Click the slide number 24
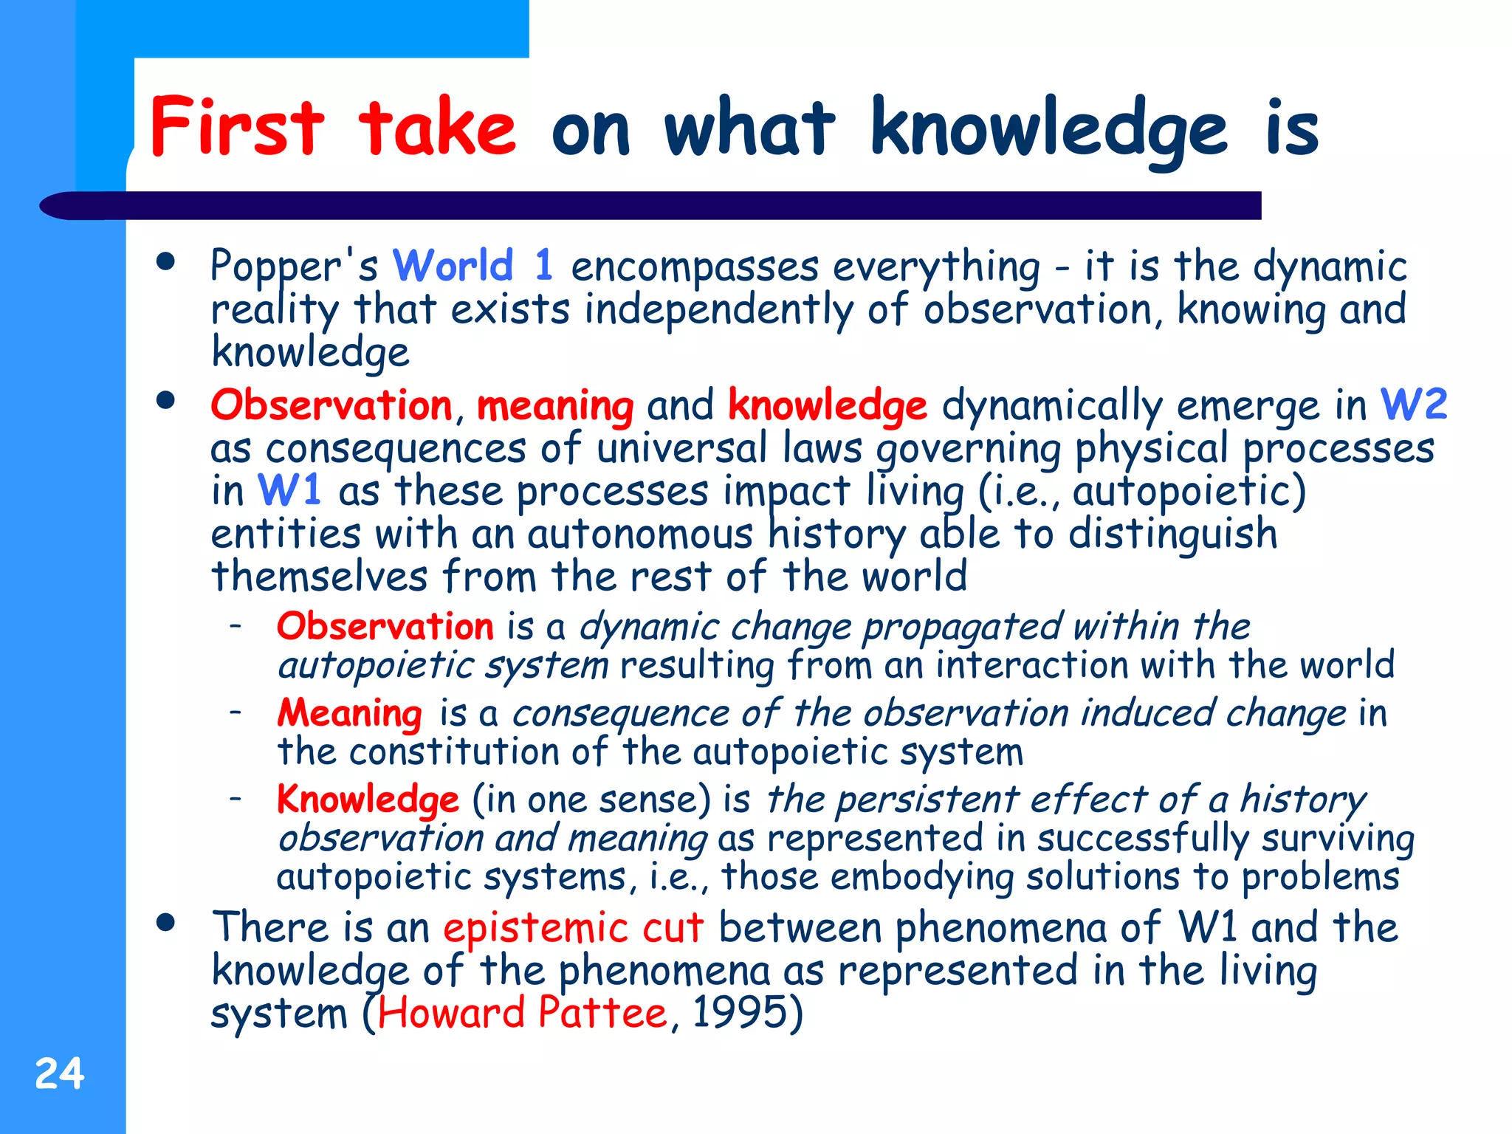60,1073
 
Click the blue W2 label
1413,405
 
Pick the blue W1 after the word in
289,490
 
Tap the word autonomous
640,534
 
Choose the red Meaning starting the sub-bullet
349,714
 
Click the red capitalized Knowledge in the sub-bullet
368,800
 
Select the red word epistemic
535,929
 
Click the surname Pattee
602,1013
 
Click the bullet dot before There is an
166,922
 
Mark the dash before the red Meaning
236,712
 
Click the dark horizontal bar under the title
664,205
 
